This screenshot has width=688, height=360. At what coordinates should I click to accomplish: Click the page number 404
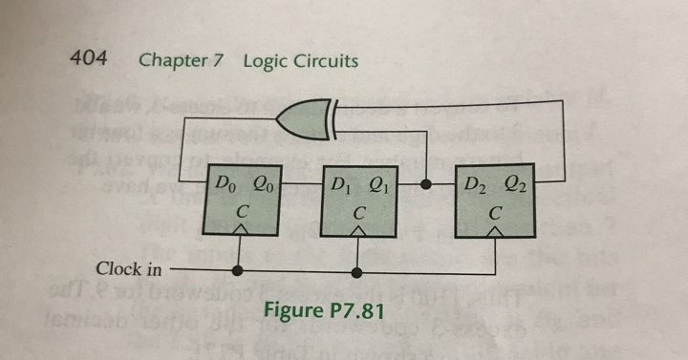88,59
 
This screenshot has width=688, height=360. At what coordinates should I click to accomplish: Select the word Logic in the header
265,60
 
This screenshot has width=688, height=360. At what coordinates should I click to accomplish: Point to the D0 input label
223,184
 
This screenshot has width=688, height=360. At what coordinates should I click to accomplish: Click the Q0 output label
263,184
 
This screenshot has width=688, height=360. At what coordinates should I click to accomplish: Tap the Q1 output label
380,184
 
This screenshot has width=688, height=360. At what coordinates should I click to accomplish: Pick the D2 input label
476,184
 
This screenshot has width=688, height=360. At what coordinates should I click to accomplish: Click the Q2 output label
517,184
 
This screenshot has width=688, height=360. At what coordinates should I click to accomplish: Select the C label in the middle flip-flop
358,212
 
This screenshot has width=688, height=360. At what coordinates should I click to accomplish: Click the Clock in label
129,269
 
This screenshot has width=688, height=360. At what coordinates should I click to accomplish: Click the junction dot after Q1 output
424,180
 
